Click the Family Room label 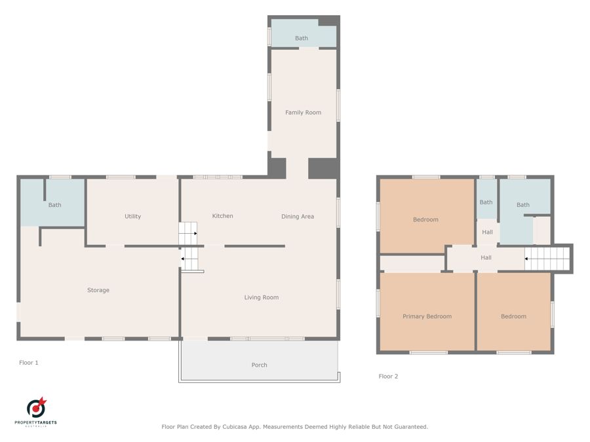303,113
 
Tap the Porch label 259,365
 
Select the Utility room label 133,217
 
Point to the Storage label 98,290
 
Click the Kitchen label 222,216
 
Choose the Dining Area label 298,217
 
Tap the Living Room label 262,297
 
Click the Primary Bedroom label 427,316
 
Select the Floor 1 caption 29,363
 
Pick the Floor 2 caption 388,377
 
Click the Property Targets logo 36,411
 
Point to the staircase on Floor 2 547,259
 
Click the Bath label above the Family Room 302,39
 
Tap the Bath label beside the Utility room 54,205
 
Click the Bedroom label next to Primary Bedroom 513,316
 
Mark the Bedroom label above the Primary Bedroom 425,219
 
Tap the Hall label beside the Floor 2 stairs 486,258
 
